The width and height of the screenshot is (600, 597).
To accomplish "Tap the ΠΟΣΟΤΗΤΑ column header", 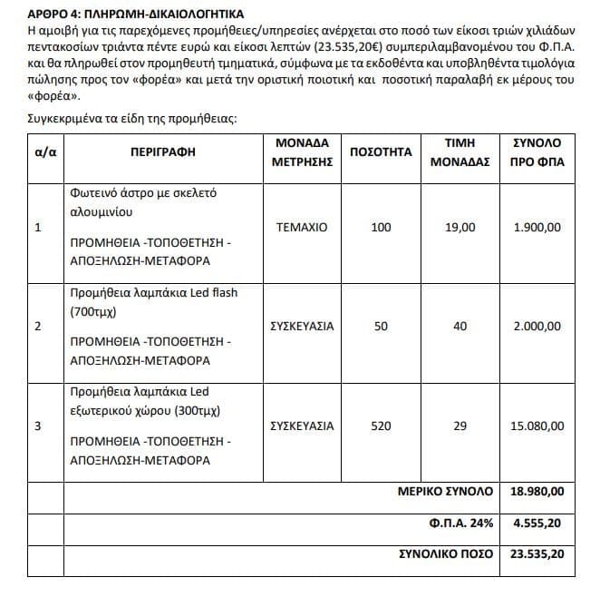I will [382, 152].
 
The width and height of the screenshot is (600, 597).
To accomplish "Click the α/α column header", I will [45, 152].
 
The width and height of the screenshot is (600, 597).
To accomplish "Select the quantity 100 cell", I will [382, 227].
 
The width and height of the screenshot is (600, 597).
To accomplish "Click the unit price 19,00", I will [460, 227].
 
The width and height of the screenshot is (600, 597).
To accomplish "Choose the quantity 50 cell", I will [382, 327].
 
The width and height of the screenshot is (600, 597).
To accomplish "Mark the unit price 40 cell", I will [460, 327].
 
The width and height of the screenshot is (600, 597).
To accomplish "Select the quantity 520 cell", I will [382, 426].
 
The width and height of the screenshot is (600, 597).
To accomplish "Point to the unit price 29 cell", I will [460, 426].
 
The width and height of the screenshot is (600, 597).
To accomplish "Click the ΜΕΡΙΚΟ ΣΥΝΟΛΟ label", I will [446, 492].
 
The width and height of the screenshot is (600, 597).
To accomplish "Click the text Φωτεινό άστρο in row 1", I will [112, 192].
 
